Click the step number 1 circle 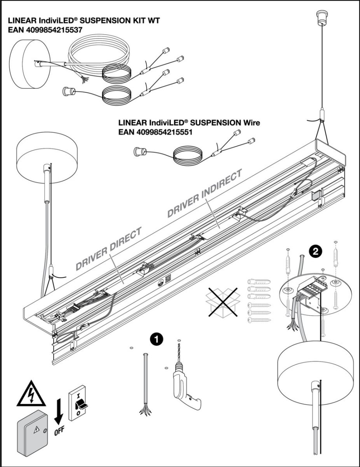[156, 339]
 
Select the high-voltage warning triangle [30, 393]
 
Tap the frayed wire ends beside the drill [145, 410]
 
